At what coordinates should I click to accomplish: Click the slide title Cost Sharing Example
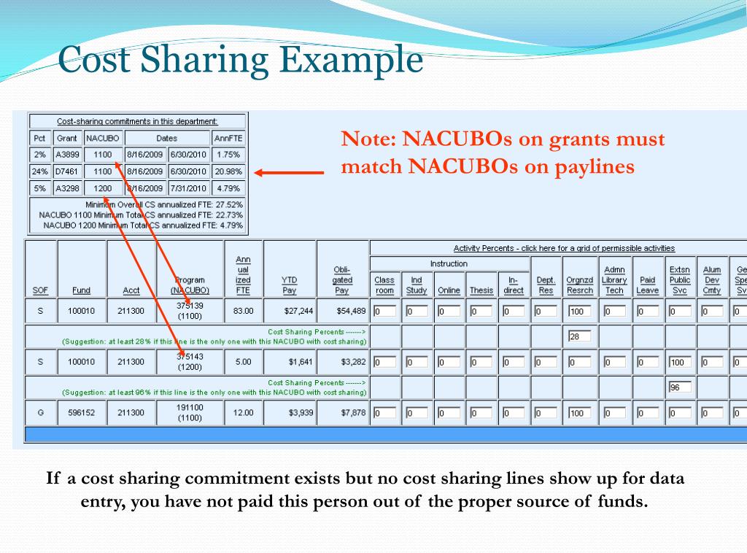[240, 59]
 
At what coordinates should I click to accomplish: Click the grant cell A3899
[67, 155]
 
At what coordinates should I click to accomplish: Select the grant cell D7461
[67, 171]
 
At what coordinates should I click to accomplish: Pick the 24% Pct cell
[40, 171]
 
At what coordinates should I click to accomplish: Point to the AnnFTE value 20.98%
[228, 171]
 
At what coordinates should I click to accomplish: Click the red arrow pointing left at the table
[288, 173]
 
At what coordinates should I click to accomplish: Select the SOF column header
[40, 290]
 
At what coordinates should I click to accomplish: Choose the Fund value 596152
[82, 413]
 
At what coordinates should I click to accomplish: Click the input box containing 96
[679, 387]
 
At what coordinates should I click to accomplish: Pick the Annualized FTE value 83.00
[243, 311]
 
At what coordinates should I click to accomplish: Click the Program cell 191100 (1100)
[190, 413]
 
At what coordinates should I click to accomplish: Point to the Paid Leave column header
[647, 285]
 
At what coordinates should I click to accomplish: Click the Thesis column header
[481, 290]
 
